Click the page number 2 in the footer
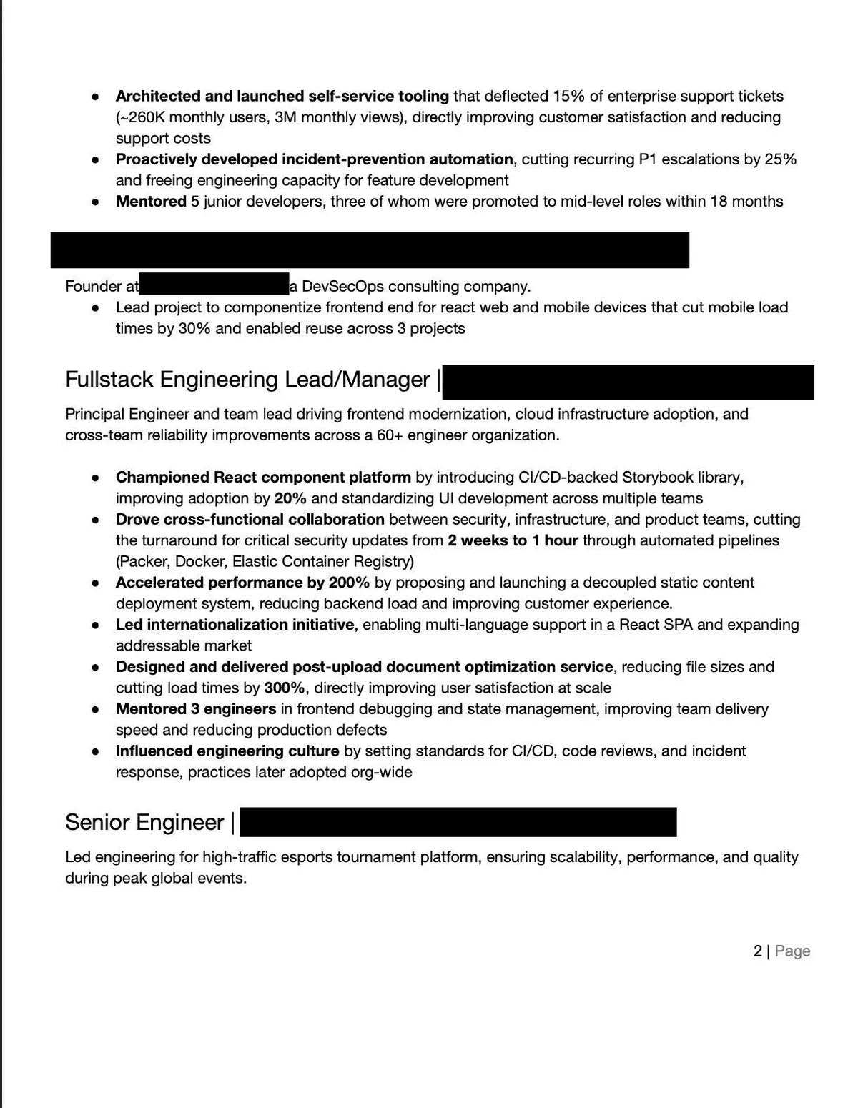[758, 951]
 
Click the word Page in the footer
[792, 951]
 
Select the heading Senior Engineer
[144, 823]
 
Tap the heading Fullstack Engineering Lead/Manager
[247, 380]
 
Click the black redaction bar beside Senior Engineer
[458, 823]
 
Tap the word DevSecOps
[343, 287]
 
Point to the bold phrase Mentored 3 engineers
[196, 709]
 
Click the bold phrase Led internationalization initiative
[235, 625]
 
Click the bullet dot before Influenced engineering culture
[95, 752]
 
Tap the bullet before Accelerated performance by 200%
[95, 583]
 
